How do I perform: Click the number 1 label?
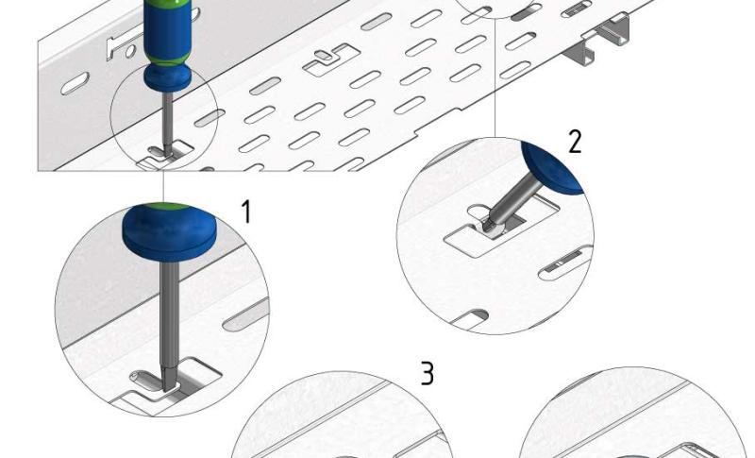(246, 212)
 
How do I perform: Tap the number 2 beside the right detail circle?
(575, 142)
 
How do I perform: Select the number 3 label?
(428, 373)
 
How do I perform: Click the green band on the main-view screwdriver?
(168, 60)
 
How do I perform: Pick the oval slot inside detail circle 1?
(245, 315)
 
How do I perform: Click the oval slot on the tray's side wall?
(75, 83)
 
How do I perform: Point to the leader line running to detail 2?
(495, 78)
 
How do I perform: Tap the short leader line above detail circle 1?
(163, 186)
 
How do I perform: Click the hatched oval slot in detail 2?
(564, 263)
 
